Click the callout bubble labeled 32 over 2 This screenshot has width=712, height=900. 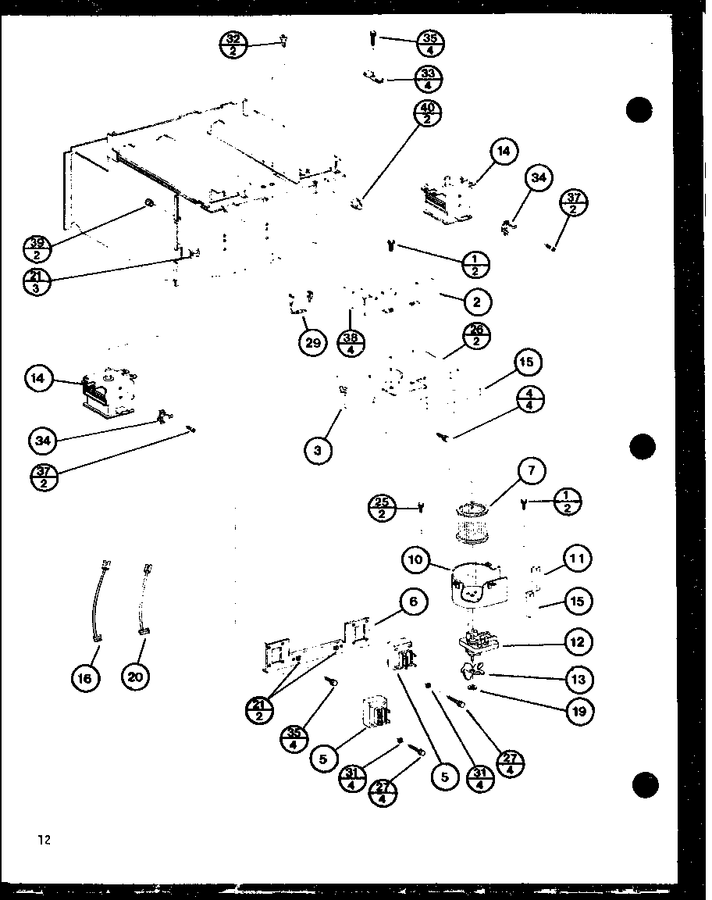coord(233,43)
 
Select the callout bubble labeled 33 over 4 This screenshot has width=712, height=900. coord(428,79)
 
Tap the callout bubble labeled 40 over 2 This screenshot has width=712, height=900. coord(429,114)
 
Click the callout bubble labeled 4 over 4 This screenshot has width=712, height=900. coord(529,400)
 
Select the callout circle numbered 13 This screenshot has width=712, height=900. coord(578,679)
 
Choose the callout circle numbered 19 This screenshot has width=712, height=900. coord(578,712)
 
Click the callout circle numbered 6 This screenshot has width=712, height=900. coord(413,602)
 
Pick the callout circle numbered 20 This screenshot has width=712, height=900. coord(136,677)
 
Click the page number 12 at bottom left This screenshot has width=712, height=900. coord(43,841)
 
